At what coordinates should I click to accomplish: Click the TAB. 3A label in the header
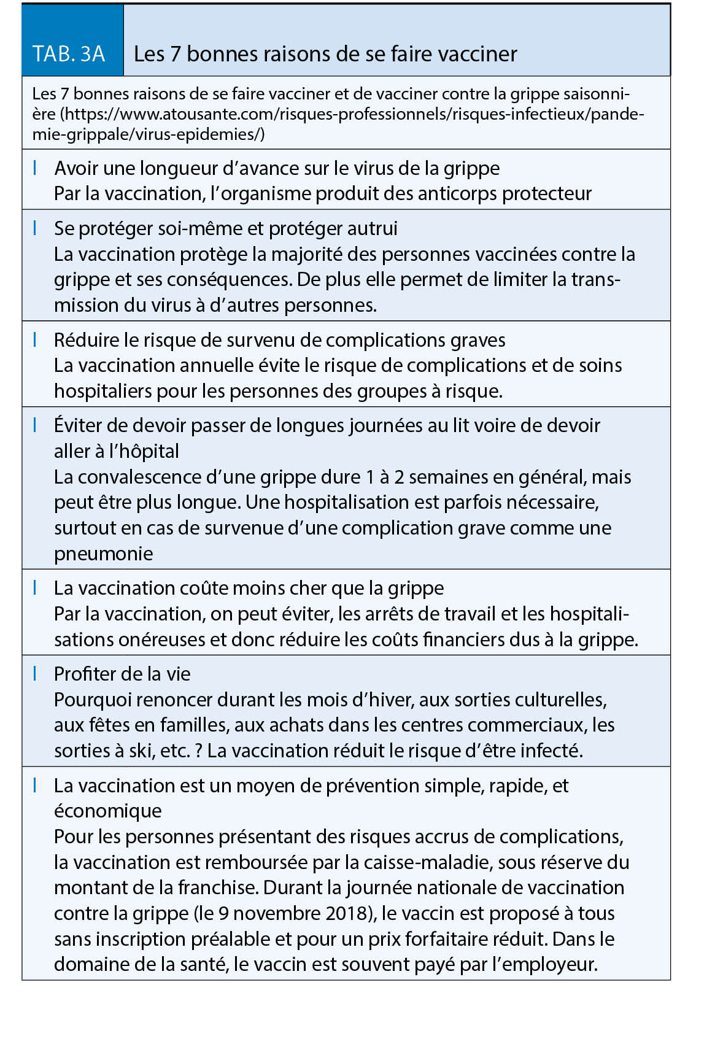pyautogui.click(x=69, y=54)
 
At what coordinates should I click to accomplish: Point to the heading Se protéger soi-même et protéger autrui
pyautogui.click(x=225, y=229)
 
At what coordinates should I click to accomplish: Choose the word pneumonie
pyautogui.click(x=103, y=554)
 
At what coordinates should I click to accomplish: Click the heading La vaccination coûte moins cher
pyautogui.click(x=249, y=589)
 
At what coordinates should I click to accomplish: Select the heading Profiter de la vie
pyautogui.click(x=122, y=674)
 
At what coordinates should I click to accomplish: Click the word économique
pyautogui.click(x=107, y=811)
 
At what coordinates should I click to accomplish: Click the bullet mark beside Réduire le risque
pyautogui.click(x=35, y=339)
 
